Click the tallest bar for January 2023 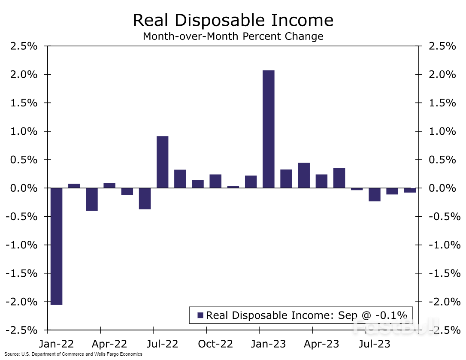pyautogui.click(x=268, y=129)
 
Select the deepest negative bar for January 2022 pyautogui.click(x=56, y=246)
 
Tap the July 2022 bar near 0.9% pyautogui.click(x=162, y=162)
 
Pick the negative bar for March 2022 pyautogui.click(x=92, y=199)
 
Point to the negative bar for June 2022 pyautogui.click(x=145, y=198)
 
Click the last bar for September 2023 pyautogui.click(x=410, y=190)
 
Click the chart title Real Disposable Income pyautogui.click(x=233, y=20)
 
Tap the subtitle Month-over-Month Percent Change pyautogui.click(x=233, y=36)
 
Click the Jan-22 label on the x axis pyautogui.click(x=56, y=344)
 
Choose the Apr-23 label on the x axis pyautogui.click(x=321, y=344)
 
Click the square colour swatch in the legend pyautogui.click(x=200, y=315)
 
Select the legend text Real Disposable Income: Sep pyautogui.click(x=281, y=315)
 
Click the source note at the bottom pyautogui.click(x=73, y=354)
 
